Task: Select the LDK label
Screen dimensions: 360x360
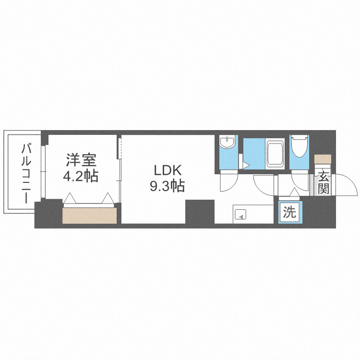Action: [x=167, y=170]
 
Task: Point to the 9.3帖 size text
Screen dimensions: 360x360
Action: [x=167, y=186]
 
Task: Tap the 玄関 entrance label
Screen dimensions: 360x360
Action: [x=323, y=181]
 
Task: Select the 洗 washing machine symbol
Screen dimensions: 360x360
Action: [x=289, y=213]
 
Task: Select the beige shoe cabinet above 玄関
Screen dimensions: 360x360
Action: [x=323, y=159]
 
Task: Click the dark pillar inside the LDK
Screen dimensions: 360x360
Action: [x=199, y=212]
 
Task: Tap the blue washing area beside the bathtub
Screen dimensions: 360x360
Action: [x=253, y=153]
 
